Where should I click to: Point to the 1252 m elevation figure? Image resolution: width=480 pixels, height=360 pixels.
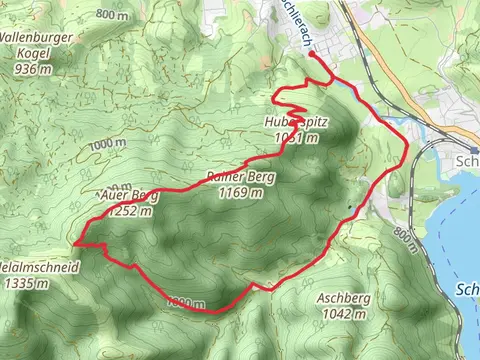(133, 210)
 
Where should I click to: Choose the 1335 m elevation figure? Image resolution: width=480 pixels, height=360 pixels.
(26, 284)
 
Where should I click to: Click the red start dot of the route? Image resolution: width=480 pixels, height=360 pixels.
(312, 56)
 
